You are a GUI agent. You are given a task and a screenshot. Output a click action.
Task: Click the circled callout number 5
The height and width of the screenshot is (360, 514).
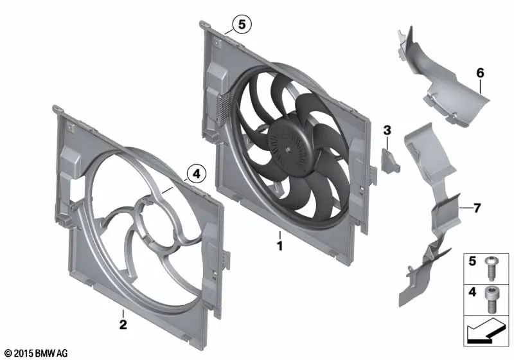tap(242, 25)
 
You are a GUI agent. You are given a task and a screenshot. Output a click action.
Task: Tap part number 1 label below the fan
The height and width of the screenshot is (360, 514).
tap(279, 245)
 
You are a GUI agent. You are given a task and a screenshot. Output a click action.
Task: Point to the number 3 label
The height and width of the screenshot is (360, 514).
tap(387, 131)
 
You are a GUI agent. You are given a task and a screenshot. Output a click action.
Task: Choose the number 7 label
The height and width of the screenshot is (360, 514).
tap(477, 208)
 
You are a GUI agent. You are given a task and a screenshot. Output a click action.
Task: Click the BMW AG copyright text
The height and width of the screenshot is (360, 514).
tap(36, 353)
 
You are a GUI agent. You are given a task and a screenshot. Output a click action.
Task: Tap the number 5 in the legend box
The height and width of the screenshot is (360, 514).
tap(471, 262)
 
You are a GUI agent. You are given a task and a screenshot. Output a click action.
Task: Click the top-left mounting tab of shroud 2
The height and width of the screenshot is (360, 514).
tap(59, 111)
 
